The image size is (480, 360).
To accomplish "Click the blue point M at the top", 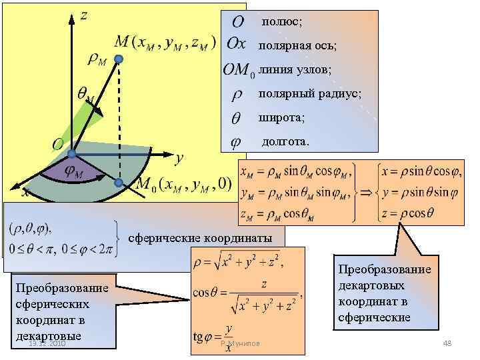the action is [x=118, y=60].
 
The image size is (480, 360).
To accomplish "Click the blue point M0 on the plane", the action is [x=118, y=183].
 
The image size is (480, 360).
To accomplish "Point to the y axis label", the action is [x=178, y=159].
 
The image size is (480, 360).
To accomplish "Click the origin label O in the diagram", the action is [x=58, y=144].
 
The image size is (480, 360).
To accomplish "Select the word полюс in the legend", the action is [x=281, y=22].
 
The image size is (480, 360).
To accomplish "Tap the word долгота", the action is [x=286, y=141].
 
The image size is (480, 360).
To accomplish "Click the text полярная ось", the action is [x=297, y=45].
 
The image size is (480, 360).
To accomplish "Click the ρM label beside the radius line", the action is [x=97, y=60].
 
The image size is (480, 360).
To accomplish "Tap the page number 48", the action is [x=447, y=343].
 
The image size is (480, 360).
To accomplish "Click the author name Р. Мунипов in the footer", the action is [x=240, y=343].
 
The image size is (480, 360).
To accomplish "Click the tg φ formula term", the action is [x=203, y=336].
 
